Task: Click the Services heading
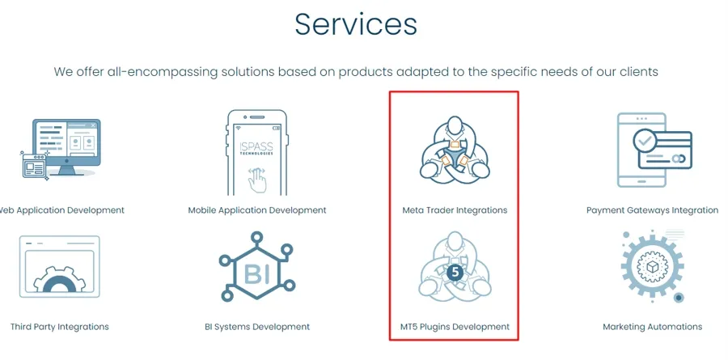(x=356, y=23)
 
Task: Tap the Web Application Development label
(x=61, y=210)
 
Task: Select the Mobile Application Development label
(x=257, y=210)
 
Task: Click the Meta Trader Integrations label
(x=455, y=210)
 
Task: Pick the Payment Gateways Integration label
(x=652, y=210)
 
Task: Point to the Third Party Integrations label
(x=59, y=327)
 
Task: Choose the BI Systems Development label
(x=257, y=327)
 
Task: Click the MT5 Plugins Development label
(x=455, y=327)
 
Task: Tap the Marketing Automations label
(x=652, y=327)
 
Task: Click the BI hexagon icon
(x=256, y=266)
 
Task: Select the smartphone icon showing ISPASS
(x=257, y=152)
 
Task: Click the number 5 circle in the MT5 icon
(x=455, y=273)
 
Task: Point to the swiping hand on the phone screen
(x=256, y=180)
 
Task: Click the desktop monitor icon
(x=66, y=147)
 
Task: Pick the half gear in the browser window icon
(x=59, y=280)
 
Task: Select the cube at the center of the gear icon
(x=652, y=267)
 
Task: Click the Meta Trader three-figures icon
(x=455, y=149)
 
